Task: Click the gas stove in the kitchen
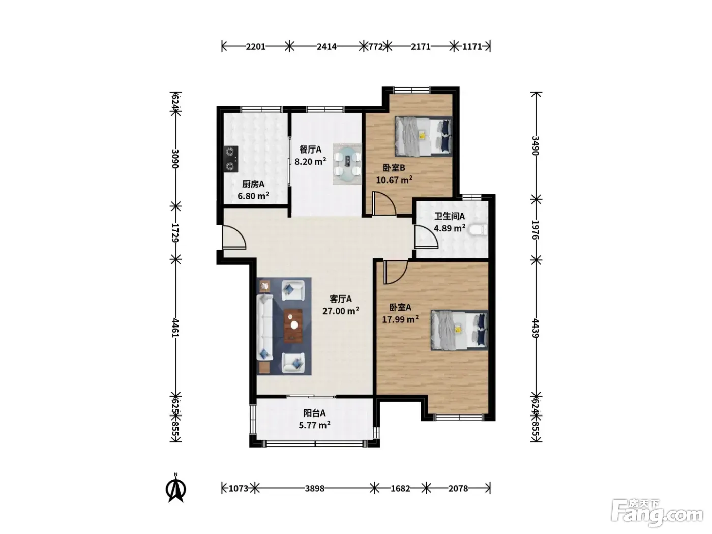click(231, 159)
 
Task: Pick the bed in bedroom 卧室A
click(459, 331)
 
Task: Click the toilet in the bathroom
click(479, 229)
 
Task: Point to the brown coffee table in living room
click(293, 326)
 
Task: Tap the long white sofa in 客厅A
click(264, 327)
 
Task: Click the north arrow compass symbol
click(176, 488)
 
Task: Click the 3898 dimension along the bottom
click(314, 488)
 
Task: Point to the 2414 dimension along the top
click(327, 47)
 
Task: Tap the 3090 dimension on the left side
click(175, 159)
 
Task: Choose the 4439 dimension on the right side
click(536, 328)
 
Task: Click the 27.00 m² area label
click(341, 311)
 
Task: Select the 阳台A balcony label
click(314, 413)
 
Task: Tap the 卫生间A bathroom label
click(450, 216)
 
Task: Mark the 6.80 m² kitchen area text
click(253, 196)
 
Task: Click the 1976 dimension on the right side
click(536, 229)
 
